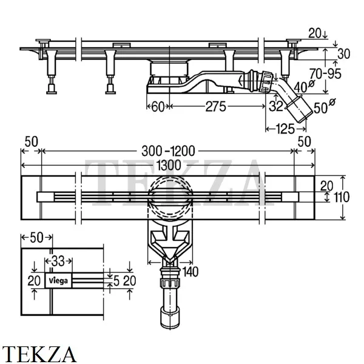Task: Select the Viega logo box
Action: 59,280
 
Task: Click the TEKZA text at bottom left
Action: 38,352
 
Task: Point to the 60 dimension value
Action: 157,107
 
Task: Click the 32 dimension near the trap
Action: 277,107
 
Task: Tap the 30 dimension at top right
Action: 343,53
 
